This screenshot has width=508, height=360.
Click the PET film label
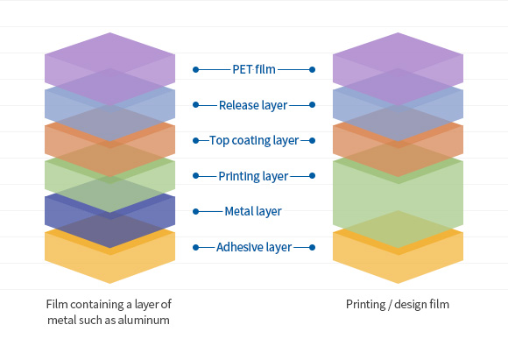click(254, 69)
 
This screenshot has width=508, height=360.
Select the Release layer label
click(253, 105)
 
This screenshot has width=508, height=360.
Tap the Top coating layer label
click(254, 141)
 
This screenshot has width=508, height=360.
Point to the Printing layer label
click(253, 176)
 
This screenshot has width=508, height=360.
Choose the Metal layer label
click(253, 211)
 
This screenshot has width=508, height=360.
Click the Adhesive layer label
click(254, 247)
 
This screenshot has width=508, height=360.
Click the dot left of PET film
click(195, 70)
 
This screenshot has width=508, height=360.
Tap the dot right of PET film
click(313, 70)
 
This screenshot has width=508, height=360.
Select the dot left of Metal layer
click(195, 212)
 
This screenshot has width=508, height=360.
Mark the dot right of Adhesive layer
click(313, 248)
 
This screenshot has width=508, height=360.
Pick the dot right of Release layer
click(313, 105)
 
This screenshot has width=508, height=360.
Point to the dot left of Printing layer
click(195, 176)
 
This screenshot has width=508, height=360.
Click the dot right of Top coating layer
click(313, 141)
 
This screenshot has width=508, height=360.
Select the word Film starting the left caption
click(57, 304)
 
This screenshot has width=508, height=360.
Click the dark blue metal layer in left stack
click(109, 212)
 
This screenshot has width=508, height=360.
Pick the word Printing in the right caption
click(366, 305)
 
